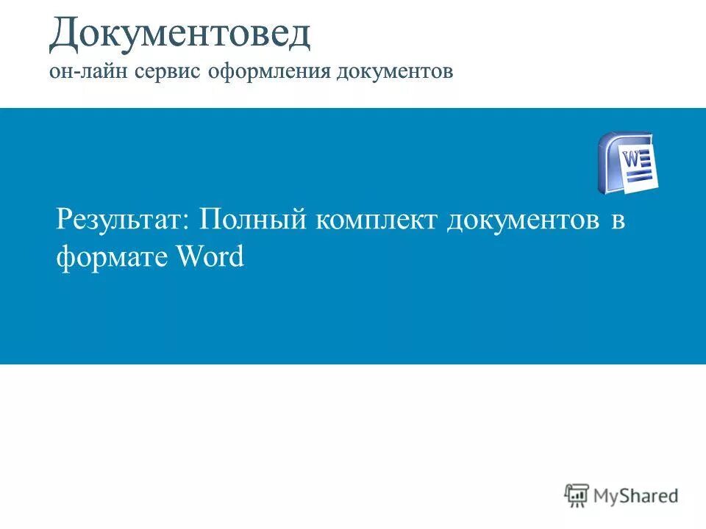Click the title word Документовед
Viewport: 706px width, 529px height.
(x=179, y=35)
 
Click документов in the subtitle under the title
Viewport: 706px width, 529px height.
(x=396, y=72)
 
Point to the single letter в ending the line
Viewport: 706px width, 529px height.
(x=618, y=220)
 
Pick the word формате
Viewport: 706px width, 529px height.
(x=111, y=257)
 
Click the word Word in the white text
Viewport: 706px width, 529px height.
(x=210, y=257)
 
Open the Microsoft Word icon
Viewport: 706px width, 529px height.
(x=627, y=163)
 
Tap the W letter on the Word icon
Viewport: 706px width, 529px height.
(x=632, y=157)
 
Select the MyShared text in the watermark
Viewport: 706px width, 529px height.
(x=636, y=496)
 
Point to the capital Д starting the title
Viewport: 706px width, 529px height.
(x=65, y=35)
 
